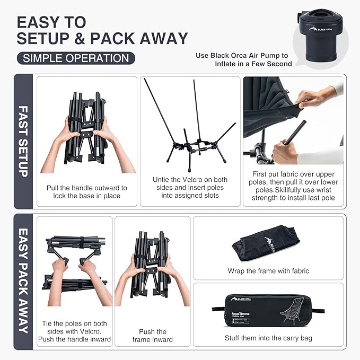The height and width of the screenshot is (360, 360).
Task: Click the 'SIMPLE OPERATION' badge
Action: coord(75,58)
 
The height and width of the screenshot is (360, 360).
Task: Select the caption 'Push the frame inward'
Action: coord(153,335)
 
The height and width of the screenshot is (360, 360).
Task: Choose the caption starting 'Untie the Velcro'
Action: coord(190,187)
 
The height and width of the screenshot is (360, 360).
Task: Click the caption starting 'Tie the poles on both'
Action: coord(74,331)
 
